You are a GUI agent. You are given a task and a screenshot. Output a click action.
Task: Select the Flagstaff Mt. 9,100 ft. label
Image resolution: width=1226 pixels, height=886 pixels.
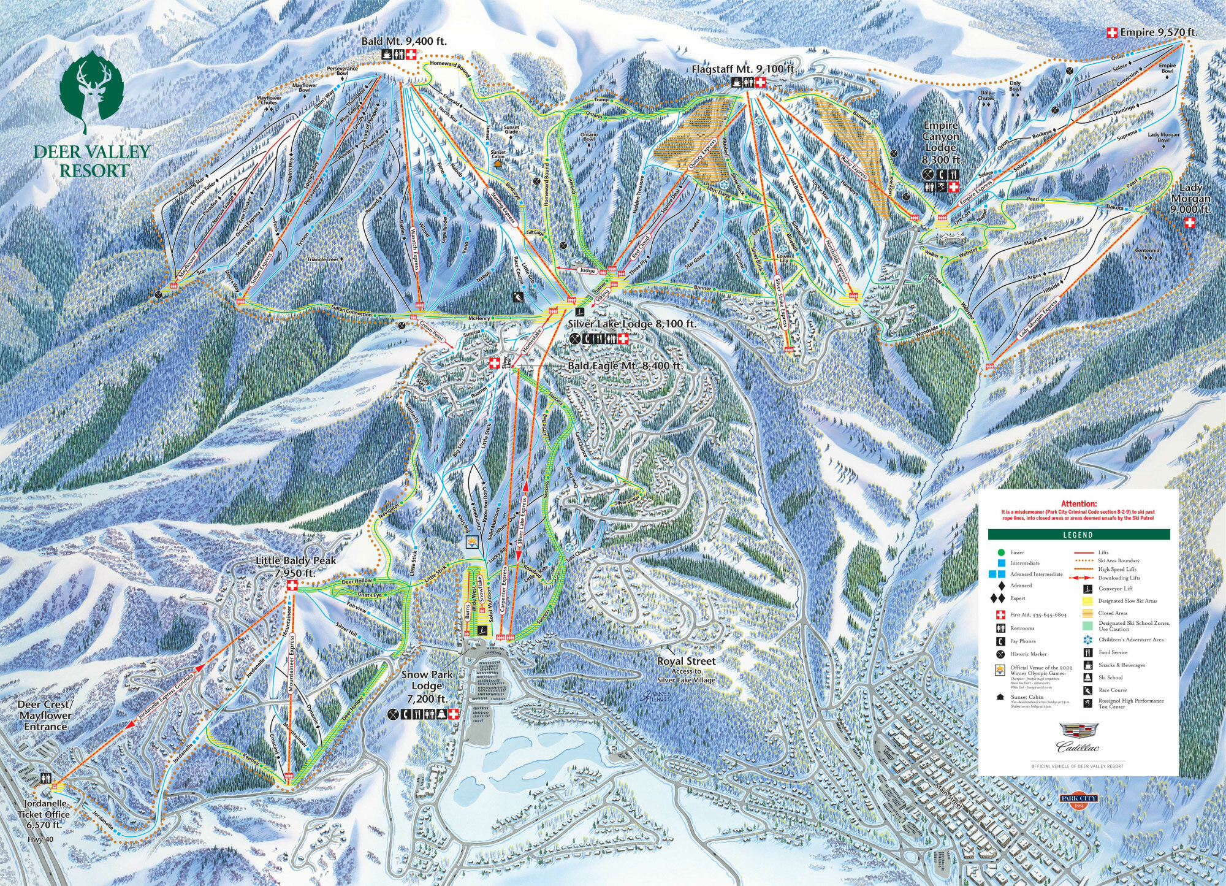pos(744,69)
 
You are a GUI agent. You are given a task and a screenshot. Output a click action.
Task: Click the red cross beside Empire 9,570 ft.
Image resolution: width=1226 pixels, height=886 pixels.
pos(1111,32)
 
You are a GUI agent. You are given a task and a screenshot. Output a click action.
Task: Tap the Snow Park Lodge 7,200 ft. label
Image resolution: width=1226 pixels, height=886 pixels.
pos(427,686)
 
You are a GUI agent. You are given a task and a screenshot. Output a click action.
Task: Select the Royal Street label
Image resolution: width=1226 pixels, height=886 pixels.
pos(686,662)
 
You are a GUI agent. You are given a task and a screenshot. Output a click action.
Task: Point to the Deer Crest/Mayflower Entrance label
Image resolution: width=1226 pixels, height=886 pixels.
pos(45,716)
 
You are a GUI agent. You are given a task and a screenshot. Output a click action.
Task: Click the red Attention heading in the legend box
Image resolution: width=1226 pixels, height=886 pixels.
pos(1078,504)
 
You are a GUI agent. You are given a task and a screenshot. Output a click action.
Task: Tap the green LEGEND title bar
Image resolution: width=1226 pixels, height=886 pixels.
pos(1078,535)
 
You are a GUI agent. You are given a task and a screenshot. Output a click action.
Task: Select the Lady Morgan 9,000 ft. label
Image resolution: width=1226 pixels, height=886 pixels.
pos(1190,199)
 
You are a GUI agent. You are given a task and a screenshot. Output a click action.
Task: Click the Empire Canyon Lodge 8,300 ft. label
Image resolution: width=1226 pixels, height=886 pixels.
pos(940,143)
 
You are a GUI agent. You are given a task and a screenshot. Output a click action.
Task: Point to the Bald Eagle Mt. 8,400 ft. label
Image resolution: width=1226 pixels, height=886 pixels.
pos(625,365)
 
